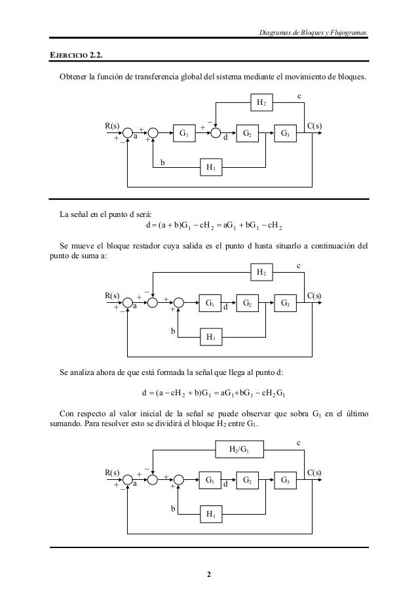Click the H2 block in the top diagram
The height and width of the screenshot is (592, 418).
(261, 102)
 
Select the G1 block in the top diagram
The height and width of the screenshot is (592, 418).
(184, 134)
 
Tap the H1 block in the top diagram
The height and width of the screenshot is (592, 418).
(210, 168)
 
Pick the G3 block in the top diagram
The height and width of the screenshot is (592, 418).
(286, 134)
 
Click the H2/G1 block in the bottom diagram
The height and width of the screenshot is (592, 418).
(237, 449)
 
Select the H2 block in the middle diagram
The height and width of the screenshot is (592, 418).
(261, 271)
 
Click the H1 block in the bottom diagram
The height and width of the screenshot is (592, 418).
(210, 513)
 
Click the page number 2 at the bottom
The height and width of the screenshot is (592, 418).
(209, 576)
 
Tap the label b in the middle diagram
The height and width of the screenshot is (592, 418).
(174, 332)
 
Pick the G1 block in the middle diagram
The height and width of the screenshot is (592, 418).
(210, 304)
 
